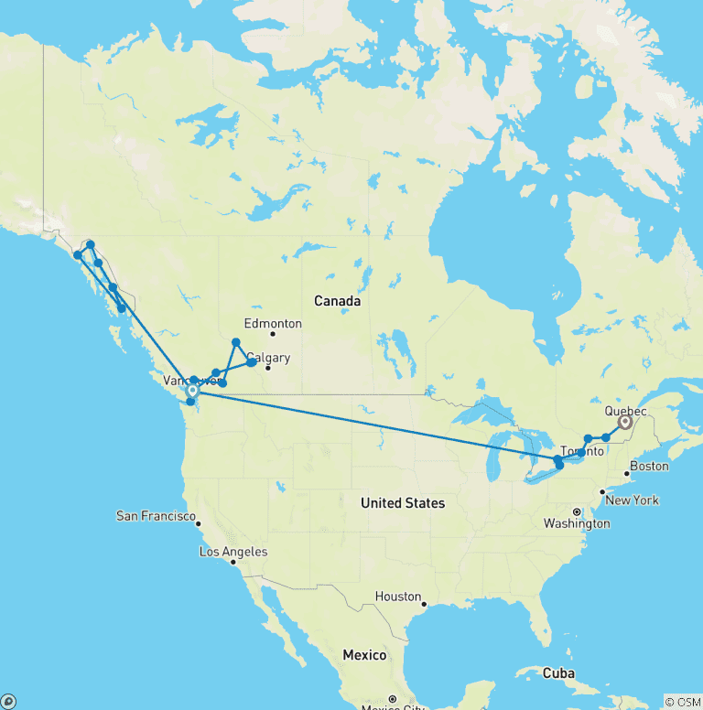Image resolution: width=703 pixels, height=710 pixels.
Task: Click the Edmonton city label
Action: tap(273, 323)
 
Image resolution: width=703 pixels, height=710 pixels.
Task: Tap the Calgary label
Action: tap(268, 358)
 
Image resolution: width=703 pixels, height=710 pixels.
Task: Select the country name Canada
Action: tap(337, 300)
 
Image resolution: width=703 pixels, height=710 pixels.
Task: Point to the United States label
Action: tap(403, 502)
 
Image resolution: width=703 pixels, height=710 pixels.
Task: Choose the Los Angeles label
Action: tap(233, 551)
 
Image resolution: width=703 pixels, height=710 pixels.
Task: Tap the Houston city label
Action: tap(398, 596)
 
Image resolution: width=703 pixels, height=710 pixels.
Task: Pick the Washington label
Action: tap(577, 523)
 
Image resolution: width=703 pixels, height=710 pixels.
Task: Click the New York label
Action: tap(633, 500)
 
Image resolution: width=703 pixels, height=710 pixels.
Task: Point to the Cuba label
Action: tap(558, 672)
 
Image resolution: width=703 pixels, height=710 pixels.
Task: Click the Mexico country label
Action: tap(364, 655)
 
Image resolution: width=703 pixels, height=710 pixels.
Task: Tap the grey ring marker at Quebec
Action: tap(625, 423)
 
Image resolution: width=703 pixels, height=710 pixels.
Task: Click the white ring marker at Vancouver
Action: tap(192, 391)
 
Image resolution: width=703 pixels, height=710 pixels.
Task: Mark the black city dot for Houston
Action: tap(425, 604)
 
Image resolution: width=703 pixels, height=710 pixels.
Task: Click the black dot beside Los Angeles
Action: tap(233, 563)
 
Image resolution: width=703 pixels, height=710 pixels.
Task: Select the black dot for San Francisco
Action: tap(199, 522)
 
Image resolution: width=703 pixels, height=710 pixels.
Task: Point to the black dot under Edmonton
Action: tap(272, 334)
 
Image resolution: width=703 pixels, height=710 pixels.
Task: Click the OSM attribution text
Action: tap(682, 702)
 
